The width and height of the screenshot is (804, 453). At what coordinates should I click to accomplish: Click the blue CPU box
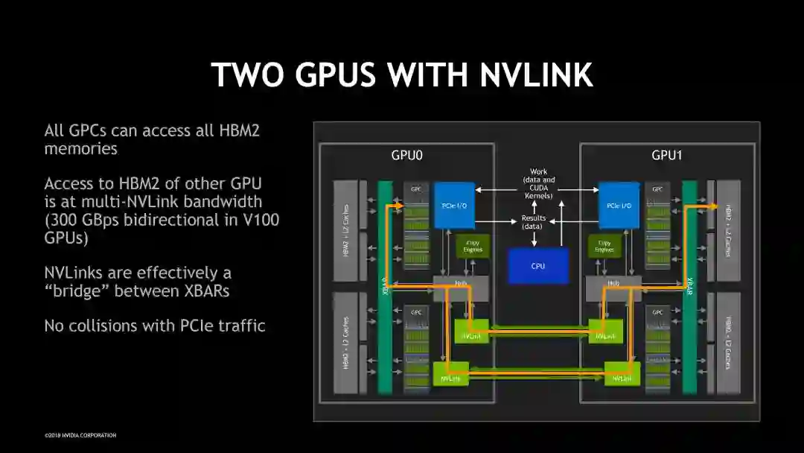[x=537, y=266]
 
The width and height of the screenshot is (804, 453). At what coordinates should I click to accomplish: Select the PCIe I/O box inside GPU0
[x=454, y=205]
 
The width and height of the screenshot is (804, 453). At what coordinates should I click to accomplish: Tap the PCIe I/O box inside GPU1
[x=619, y=205]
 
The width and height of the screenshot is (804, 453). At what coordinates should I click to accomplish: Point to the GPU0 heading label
[x=407, y=156]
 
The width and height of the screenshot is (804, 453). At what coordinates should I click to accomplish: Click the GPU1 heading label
[x=668, y=156]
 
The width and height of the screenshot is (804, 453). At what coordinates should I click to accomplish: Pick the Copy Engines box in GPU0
[x=473, y=247]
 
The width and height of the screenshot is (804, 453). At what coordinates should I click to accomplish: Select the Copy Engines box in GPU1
[x=604, y=247]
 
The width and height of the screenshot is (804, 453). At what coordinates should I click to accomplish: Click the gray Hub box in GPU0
[x=461, y=284]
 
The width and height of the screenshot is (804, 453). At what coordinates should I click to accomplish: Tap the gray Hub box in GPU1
[x=613, y=284]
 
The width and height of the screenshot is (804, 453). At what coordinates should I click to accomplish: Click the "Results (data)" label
[x=533, y=221]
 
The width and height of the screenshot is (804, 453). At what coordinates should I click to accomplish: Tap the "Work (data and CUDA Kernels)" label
[x=538, y=183]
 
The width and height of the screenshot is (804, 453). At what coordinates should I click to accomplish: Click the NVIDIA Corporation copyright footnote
[x=80, y=436]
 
